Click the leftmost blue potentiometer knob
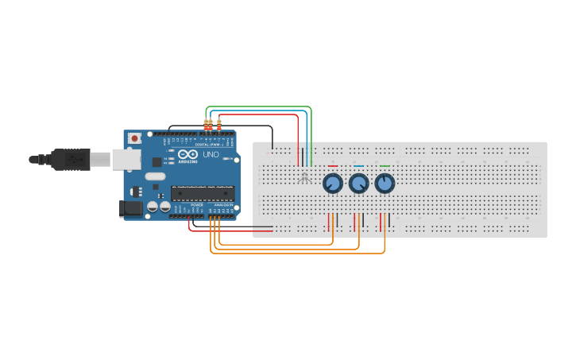[332, 184]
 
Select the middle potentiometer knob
[358, 184]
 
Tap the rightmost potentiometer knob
[385, 184]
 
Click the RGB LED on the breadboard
[304, 176]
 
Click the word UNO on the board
[211, 154]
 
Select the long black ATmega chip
[203, 192]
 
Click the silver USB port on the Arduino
[126, 160]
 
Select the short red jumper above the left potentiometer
[332, 166]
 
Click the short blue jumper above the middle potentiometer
[358, 166]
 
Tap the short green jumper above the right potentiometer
[385, 166]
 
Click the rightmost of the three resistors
[219, 124]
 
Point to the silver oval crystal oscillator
[155, 176]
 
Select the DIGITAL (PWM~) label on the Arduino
[209, 144]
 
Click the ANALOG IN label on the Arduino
[223, 204]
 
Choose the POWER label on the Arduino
[197, 204]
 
